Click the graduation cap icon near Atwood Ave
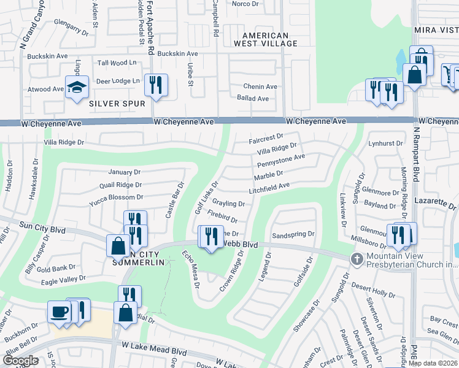click(77, 87)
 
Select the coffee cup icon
click(60, 311)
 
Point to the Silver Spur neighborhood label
click(117, 104)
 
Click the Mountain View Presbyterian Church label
click(412, 260)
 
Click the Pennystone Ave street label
click(281, 161)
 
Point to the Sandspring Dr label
click(293, 234)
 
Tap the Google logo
click(21, 361)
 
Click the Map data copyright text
click(433, 363)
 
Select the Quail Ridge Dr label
click(115, 185)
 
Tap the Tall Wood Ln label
click(117, 63)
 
